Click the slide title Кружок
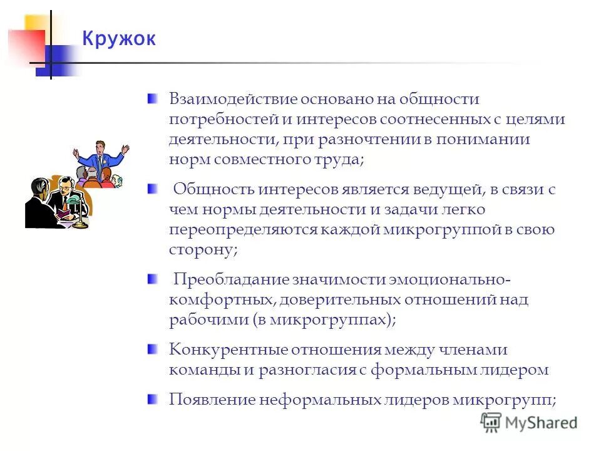[118, 39]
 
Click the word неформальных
[311, 400]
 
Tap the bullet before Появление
[152, 398]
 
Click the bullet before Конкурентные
[152, 348]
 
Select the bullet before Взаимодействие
[152, 98]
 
